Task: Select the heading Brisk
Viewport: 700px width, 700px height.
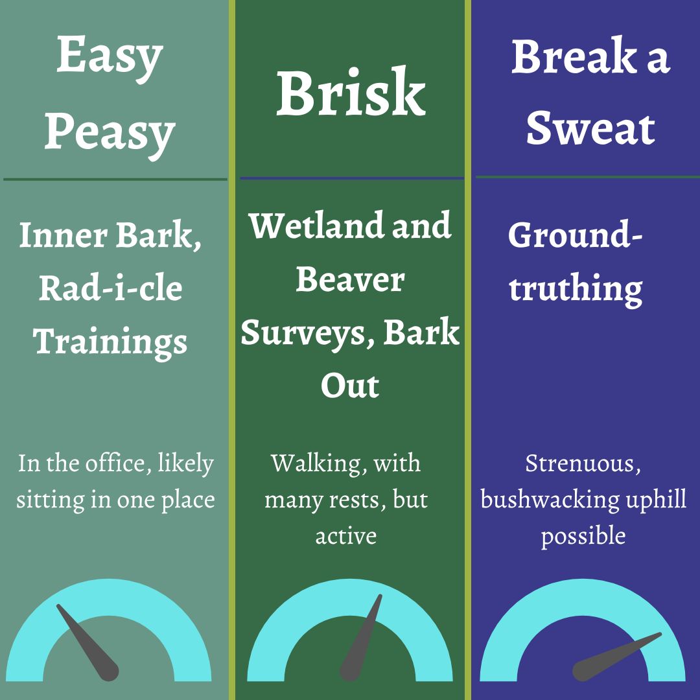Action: pyautogui.click(x=351, y=93)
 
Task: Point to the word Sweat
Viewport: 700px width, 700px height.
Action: pyautogui.click(x=590, y=128)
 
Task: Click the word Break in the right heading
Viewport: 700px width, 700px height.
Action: pyautogui.click(x=574, y=56)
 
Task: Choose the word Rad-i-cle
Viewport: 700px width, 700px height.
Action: pyautogui.click(x=110, y=288)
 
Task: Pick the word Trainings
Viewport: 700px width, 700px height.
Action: pyautogui.click(x=110, y=342)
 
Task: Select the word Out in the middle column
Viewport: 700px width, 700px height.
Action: pyautogui.click(x=350, y=386)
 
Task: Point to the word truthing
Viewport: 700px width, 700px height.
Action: pyautogui.click(x=576, y=289)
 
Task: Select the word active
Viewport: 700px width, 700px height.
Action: pyautogui.click(x=346, y=536)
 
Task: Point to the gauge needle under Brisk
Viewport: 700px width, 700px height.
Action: pyautogui.click(x=361, y=638)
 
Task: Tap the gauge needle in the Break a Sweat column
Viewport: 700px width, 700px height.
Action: pyautogui.click(x=617, y=657)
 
